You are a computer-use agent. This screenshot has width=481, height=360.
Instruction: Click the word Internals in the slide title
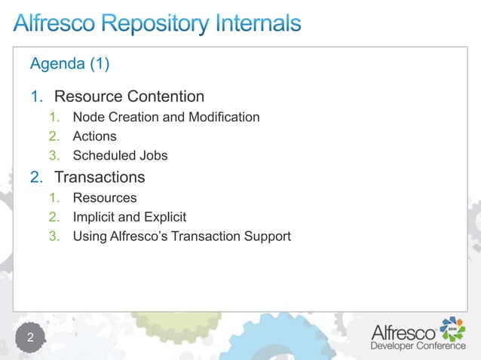(x=253, y=24)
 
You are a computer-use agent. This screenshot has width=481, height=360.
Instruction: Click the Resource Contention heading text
(x=129, y=96)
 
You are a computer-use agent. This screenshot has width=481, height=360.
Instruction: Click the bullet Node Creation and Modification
(x=166, y=117)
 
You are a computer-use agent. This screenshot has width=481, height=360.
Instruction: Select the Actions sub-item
(x=94, y=136)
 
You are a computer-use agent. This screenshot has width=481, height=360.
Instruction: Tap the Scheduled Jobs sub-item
(x=120, y=156)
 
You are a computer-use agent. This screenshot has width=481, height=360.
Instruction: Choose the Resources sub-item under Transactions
(x=105, y=198)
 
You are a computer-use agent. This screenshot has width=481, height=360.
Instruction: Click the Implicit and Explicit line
(x=129, y=217)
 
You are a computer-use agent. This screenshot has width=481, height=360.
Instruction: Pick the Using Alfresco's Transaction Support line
(x=181, y=236)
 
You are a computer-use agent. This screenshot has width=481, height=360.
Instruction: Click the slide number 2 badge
(x=31, y=337)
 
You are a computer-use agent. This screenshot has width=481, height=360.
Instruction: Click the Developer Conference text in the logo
(x=417, y=346)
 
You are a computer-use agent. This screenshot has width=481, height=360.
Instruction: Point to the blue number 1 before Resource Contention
(x=35, y=96)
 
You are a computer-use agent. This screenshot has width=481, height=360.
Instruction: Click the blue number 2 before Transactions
(x=35, y=178)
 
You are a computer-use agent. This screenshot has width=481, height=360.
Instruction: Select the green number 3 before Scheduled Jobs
(x=54, y=156)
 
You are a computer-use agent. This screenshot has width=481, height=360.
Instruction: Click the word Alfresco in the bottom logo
(x=403, y=331)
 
